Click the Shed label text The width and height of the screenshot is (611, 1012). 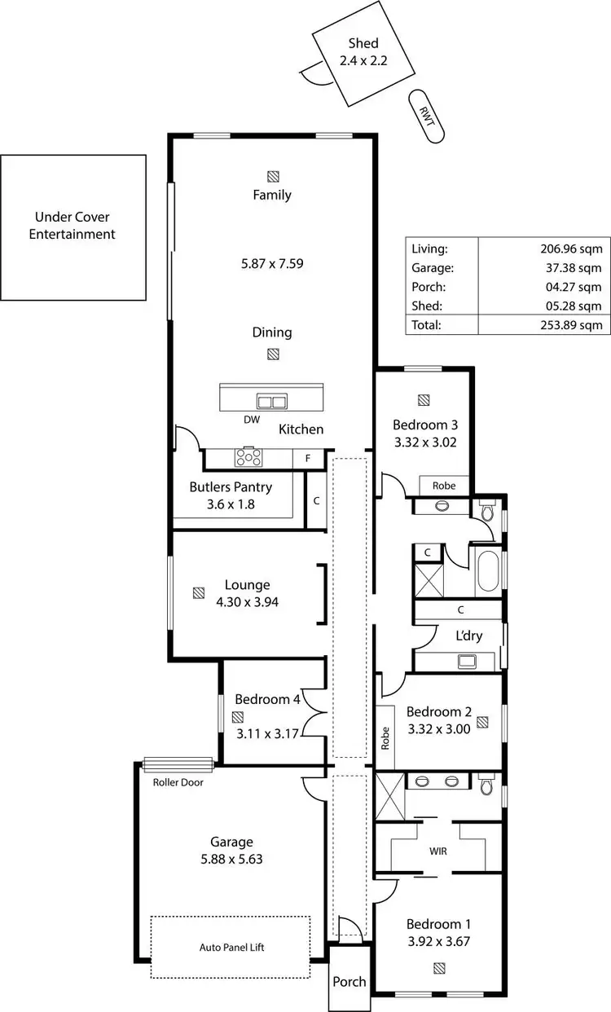[363, 44]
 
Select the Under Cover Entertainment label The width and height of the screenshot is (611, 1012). [73, 226]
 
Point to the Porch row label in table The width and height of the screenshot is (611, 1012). [429, 287]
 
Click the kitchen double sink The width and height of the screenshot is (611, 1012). [271, 401]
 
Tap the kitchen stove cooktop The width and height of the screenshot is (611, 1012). [248, 457]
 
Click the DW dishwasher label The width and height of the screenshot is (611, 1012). [252, 420]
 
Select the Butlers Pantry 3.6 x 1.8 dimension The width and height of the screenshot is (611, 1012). [231, 504]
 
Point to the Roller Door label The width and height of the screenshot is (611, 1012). [178, 782]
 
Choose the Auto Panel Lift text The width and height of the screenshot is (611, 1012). [231, 948]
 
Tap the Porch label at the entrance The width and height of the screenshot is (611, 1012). [349, 982]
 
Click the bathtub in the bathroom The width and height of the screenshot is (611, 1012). [488, 571]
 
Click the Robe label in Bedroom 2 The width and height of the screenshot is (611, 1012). [385, 738]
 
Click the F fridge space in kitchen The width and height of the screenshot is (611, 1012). [307, 459]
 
